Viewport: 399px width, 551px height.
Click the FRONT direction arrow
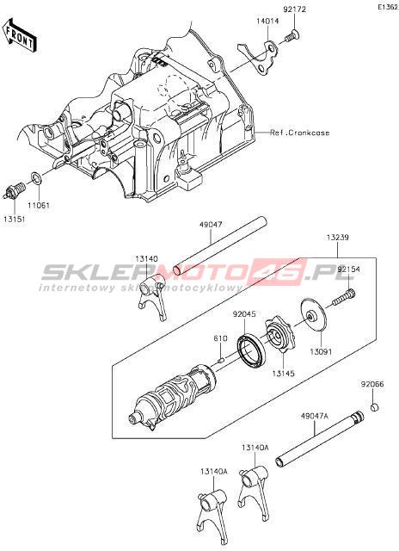(19, 34)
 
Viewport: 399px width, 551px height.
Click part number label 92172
(294, 9)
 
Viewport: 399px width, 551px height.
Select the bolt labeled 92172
(292, 36)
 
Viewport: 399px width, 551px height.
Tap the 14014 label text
(267, 21)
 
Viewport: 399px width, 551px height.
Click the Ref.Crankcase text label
(300, 133)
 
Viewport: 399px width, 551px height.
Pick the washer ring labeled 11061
(36, 178)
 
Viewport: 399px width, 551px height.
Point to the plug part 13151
(15, 191)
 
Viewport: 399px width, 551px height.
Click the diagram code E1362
(388, 7)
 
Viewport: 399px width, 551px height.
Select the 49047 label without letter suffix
(211, 224)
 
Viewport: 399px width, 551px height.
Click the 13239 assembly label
(338, 238)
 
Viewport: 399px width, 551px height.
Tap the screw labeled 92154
(344, 298)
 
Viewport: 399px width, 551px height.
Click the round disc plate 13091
(314, 315)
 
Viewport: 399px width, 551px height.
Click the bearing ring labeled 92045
(252, 351)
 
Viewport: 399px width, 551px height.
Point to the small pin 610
(221, 359)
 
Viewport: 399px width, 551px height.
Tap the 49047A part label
(314, 417)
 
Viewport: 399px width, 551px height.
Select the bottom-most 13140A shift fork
(212, 516)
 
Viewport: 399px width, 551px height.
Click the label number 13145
(283, 373)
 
